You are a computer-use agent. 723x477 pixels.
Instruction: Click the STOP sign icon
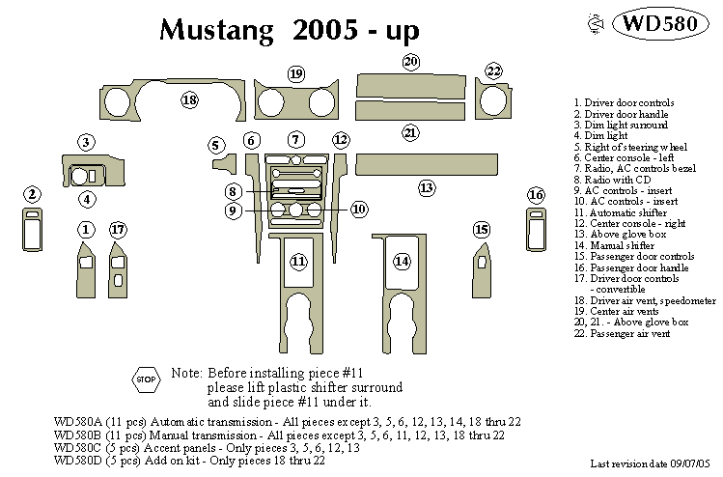point(146,379)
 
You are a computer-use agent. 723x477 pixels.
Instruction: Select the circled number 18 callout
point(189,100)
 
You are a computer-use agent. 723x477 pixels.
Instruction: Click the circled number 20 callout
point(411,63)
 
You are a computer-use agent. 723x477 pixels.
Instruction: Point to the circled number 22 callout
point(494,71)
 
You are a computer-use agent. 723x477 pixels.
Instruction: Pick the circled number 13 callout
point(426,188)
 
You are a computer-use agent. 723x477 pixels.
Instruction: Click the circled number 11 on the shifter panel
point(299,261)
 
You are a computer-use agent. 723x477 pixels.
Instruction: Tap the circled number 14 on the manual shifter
point(402,261)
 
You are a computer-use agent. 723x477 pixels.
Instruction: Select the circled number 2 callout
point(33,195)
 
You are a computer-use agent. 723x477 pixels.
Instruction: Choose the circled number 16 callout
point(536,196)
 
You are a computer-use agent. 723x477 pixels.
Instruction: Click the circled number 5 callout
point(216,145)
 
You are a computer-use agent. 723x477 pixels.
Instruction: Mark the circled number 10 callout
point(358,209)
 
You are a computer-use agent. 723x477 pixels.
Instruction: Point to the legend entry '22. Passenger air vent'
point(622,333)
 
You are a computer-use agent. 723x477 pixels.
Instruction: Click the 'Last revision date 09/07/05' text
point(653,464)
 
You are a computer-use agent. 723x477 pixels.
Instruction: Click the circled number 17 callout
point(118,230)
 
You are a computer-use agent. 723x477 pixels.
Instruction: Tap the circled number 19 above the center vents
point(295,73)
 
